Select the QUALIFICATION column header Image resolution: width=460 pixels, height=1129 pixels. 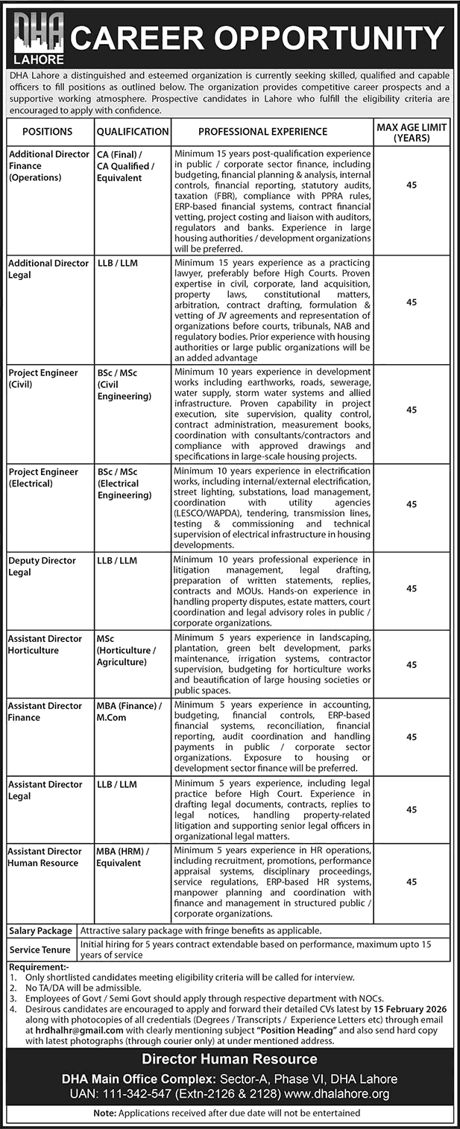133,132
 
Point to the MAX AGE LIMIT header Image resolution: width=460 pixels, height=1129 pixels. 412,133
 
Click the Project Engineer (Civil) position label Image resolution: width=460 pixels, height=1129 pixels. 43,377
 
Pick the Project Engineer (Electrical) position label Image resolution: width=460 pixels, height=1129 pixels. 43,477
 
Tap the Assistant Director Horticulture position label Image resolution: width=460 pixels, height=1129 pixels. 45,644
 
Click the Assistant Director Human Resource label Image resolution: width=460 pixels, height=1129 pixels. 45,856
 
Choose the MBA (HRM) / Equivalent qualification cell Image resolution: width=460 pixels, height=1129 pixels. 123,856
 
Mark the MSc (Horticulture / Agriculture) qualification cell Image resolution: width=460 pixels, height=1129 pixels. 126,650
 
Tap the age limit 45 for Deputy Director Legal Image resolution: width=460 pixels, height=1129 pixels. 412,588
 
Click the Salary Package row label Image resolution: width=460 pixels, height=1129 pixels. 41,931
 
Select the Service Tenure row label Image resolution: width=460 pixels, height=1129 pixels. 40,950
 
